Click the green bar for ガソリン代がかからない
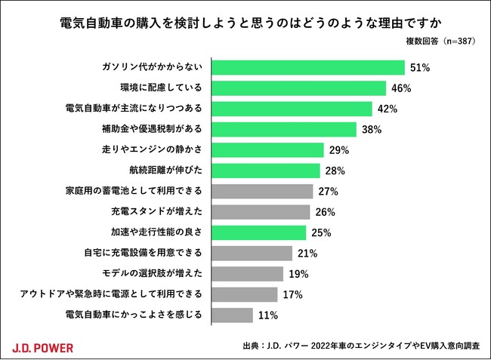(308, 67)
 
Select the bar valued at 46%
(299, 88)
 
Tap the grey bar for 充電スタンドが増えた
(261, 211)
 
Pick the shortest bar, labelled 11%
(233, 314)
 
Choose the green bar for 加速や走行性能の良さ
(259, 232)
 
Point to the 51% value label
(420, 68)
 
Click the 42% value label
(388, 109)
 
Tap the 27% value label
(328, 191)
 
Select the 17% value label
(292, 294)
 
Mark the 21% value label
(307, 253)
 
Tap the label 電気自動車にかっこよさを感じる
(134, 314)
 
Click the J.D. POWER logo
(43, 347)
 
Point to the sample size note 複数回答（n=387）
(438, 41)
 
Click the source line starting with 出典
(361, 346)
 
